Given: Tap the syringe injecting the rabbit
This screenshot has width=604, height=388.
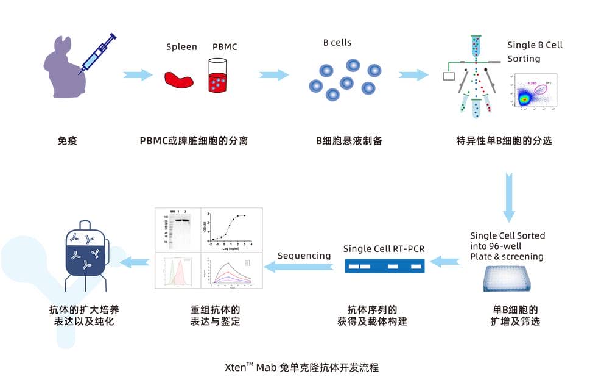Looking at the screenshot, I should pyautogui.click(x=97, y=54).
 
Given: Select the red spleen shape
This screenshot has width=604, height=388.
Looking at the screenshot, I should pyautogui.click(x=180, y=79).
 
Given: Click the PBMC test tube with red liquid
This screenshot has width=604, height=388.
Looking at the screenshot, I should pyautogui.click(x=218, y=76).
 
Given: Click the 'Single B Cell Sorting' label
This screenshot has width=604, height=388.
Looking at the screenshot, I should pyautogui.click(x=535, y=52).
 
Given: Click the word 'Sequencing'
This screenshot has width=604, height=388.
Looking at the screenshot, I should pyautogui.click(x=304, y=256).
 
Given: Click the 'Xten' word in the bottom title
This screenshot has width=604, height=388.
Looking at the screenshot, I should pyautogui.click(x=235, y=368).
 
